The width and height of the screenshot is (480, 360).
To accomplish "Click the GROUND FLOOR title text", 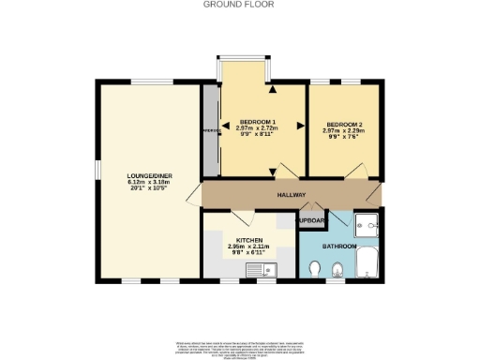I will pos(239,5).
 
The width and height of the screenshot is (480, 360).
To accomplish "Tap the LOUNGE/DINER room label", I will pos(147,175).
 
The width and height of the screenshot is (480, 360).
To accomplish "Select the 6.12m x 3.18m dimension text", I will pos(147,183).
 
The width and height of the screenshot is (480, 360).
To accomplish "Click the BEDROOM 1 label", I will pos(257,123).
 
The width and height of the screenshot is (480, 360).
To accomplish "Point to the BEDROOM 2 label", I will pos(344,125).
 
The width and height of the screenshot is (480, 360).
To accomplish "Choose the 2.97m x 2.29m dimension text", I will pos(344,131).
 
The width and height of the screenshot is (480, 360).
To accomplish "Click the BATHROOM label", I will pos(339,246).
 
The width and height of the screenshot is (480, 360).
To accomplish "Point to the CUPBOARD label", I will pos(311,221).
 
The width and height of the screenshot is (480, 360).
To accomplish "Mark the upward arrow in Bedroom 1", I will pos(273,91).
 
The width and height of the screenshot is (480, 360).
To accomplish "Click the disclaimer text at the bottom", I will pos(239,346).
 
